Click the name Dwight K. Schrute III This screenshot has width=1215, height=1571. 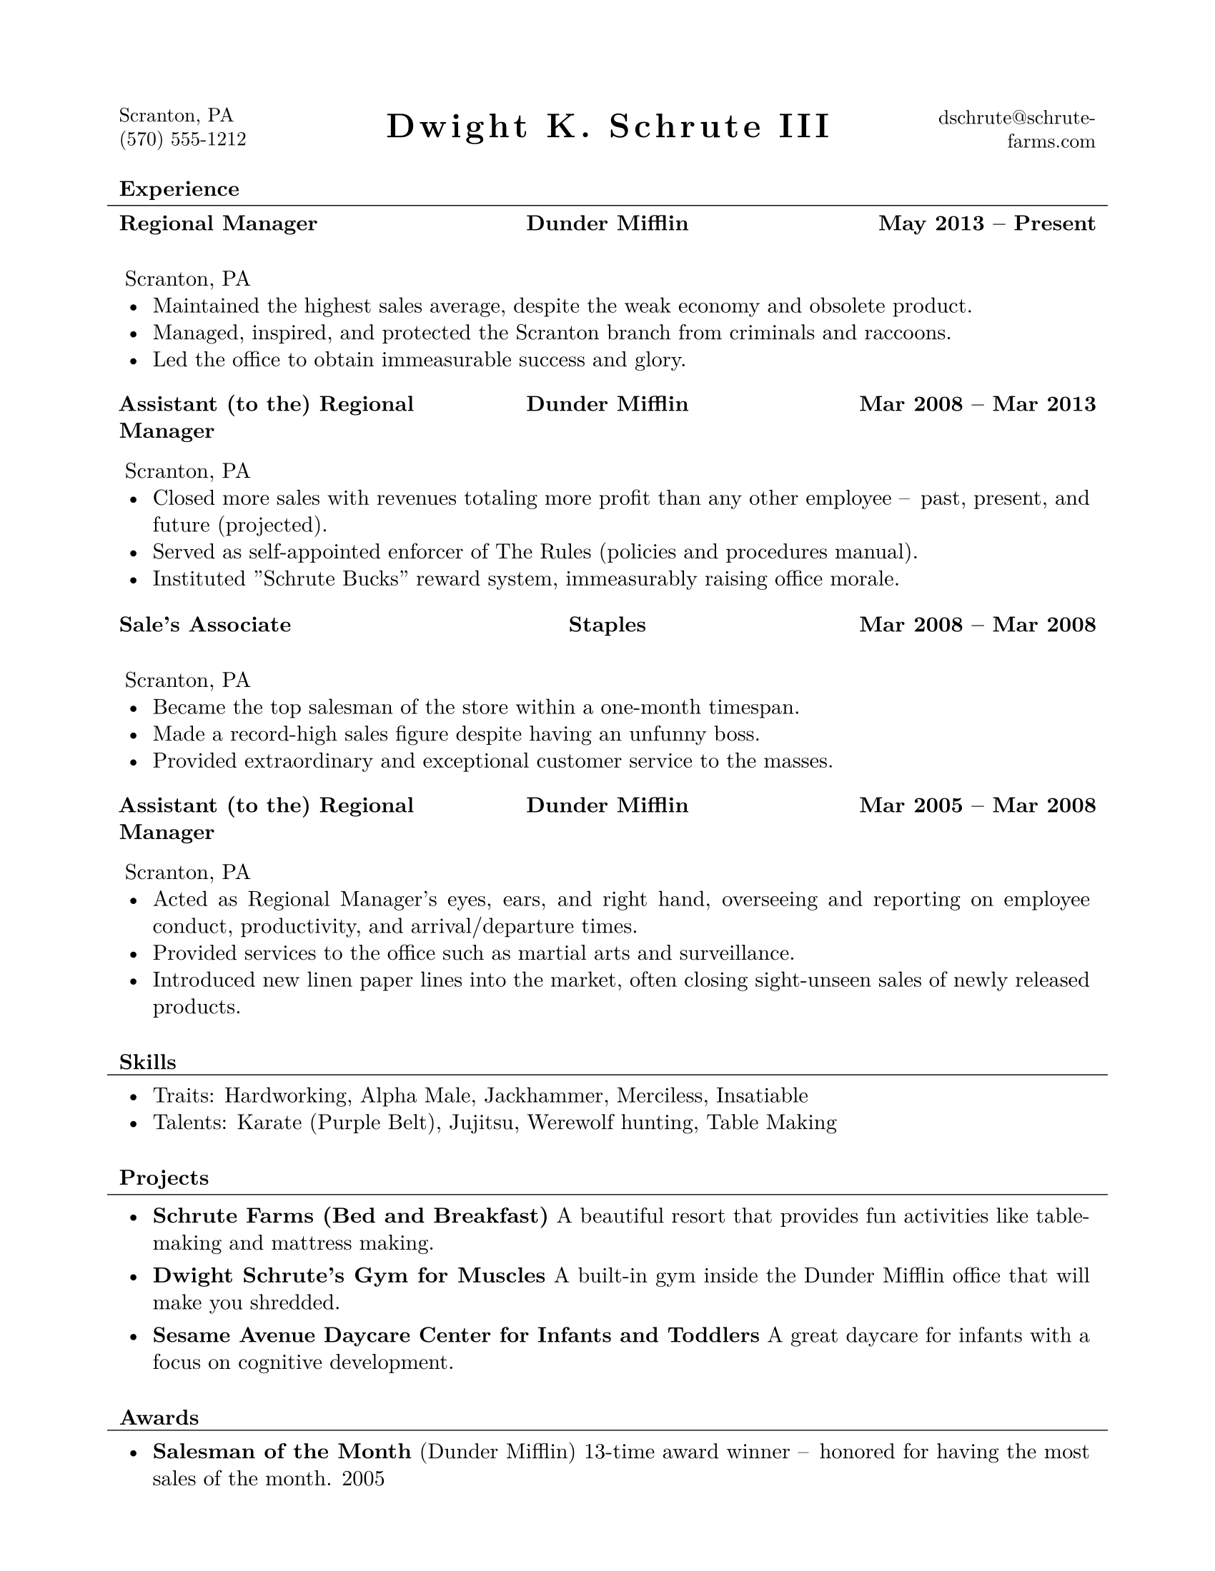click(x=608, y=126)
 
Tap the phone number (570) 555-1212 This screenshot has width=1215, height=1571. click(x=183, y=139)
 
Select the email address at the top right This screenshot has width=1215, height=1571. click(x=1016, y=129)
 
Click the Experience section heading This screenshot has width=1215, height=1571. click(x=179, y=189)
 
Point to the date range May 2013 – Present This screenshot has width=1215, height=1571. click(x=987, y=224)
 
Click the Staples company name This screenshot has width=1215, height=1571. click(x=607, y=624)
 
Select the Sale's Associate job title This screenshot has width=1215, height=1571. click(x=205, y=624)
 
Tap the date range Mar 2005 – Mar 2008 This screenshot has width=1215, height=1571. click(x=977, y=805)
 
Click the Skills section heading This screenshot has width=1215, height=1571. click(x=147, y=1062)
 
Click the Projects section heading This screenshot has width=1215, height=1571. click(x=164, y=1178)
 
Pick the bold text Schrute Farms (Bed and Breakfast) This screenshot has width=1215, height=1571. click(x=350, y=1215)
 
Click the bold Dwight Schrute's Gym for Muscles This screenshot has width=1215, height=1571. click(x=349, y=1275)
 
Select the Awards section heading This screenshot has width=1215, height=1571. click(x=159, y=1417)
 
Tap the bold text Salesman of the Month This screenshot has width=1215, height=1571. click(x=282, y=1452)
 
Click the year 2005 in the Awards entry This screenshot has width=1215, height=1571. click(x=364, y=1479)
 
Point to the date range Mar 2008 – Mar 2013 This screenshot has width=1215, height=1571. click(x=977, y=403)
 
